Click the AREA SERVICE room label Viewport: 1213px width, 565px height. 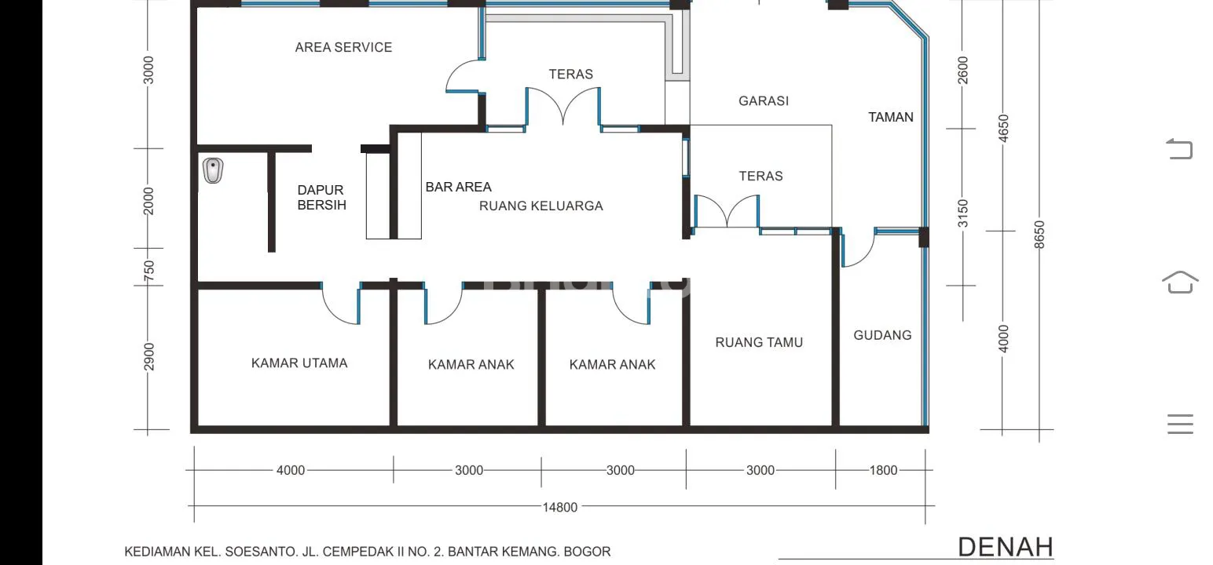point(343,48)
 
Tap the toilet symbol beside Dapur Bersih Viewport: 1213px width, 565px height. point(214,170)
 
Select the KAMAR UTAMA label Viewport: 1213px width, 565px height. point(299,363)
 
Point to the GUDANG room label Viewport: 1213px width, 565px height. point(882,335)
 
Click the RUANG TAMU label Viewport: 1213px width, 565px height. point(759,342)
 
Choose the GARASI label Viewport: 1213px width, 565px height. point(764,101)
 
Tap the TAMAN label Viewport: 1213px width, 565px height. point(891,118)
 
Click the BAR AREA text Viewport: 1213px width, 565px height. point(458,187)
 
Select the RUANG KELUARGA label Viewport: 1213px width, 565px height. point(541,206)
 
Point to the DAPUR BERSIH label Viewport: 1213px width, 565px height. point(321,197)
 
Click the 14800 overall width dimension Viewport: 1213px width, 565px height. point(560,507)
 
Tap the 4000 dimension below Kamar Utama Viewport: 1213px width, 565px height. point(291,470)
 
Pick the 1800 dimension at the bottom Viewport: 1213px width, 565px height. point(883,470)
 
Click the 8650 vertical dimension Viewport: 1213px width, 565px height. point(1039,235)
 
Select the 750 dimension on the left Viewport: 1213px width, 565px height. point(149,271)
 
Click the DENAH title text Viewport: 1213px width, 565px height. point(1006,547)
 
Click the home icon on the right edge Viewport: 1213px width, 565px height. point(1181,282)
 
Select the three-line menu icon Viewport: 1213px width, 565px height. point(1181,424)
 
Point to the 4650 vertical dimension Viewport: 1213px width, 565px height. point(1003,129)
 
